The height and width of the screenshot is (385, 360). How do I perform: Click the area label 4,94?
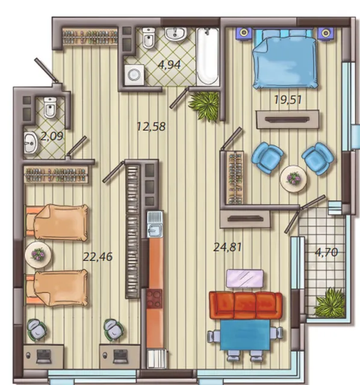(170, 65)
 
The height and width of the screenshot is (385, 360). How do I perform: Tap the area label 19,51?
(288, 100)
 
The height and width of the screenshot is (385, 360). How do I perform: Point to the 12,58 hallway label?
(151, 126)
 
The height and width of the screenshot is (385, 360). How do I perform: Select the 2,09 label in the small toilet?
(52, 137)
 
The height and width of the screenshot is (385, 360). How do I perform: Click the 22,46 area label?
(98, 257)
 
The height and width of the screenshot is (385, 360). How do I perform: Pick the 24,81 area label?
(228, 247)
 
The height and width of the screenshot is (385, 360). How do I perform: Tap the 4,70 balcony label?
(326, 252)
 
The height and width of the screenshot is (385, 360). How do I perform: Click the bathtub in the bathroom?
(208, 57)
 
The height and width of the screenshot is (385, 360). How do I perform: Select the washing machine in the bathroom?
(134, 75)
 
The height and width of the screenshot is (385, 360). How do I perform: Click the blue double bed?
(285, 59)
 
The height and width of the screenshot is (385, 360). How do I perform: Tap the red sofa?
(246, 305)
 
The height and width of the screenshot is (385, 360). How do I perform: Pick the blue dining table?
(245, 335)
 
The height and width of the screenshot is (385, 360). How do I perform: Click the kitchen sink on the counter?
(155, 224)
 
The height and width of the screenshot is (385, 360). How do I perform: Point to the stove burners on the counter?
(154, 298)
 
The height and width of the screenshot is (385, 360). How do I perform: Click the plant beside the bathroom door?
(204, 105)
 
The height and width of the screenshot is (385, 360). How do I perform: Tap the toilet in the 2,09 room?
(51, 107)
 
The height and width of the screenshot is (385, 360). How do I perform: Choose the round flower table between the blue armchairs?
(293, 179)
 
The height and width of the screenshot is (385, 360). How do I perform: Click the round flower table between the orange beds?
(38, 254)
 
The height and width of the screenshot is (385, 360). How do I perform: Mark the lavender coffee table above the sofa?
(245, 278)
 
